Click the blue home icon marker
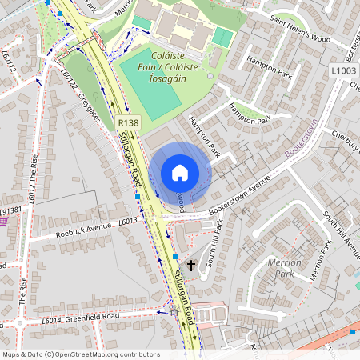(x=180, y=173)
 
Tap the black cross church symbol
(x=191, y=264)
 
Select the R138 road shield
(x=128, y=122)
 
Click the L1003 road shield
(x=342, y=71)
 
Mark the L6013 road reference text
(x=129, y=221)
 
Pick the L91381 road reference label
(x=10, y=210)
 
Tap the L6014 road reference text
(x=52, y=321)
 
